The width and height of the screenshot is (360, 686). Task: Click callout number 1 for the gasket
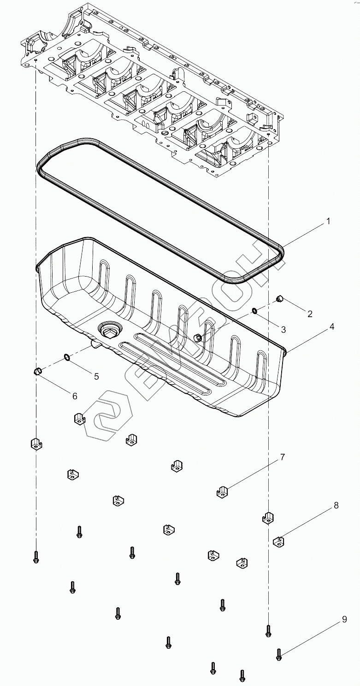pos(328,221)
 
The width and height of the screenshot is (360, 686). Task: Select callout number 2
pos(310,313)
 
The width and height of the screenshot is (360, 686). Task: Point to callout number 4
pos(331,326)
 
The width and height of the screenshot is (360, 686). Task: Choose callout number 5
pos(96,376)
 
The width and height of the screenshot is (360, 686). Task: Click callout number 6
pos(74,396)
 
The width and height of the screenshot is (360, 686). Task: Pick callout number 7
pos(282,457)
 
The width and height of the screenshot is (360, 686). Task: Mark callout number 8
pos(336,505)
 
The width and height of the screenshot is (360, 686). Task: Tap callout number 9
pos(344,620)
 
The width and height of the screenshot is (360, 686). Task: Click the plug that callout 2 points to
pos(278,299)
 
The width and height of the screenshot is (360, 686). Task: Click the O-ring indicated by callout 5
pos(66,357)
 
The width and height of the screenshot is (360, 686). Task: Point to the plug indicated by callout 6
pos(39,370)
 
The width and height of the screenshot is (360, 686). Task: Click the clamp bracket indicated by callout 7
pos(223,492)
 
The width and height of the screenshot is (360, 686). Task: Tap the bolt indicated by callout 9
pos(278,654)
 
